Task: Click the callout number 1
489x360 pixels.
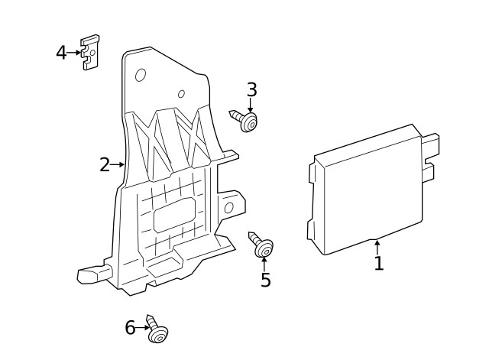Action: pos(378,264)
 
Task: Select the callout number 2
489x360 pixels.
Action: pos(105,164)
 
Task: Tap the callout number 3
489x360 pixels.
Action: pos(251,90)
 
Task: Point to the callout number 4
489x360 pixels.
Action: pos(61,53)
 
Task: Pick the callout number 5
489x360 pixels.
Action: pos(265,281)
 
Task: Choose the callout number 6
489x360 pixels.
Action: pos(130,328)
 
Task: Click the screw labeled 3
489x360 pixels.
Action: pos(244,120)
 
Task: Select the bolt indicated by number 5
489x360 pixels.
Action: pos(261,244)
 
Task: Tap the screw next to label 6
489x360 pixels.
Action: pos(157,329)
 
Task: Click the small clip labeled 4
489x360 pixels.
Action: pos(90,53)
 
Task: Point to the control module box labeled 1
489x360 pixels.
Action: pos(367,195)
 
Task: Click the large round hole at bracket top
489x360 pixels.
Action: pos(141,75)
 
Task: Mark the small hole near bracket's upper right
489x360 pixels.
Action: pos(181,95)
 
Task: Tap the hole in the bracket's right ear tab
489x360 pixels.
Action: pos(228,207)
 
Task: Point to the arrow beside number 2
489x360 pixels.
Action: pos(118,164)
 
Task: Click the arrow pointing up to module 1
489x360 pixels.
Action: pos(377,247)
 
